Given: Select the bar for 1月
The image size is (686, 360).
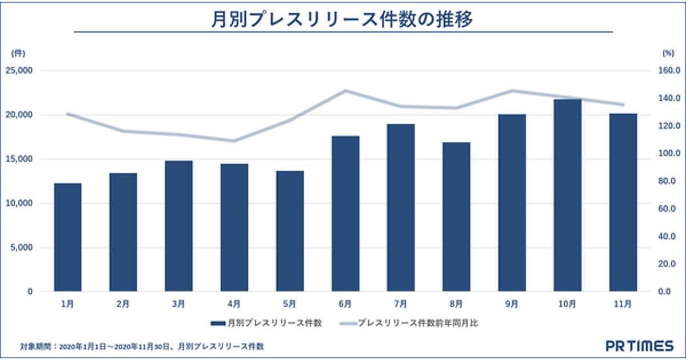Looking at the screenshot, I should coord(67,237).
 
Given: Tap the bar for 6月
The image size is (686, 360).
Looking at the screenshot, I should coord(345,214).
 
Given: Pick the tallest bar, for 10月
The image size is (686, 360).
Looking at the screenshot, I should coord(568,195).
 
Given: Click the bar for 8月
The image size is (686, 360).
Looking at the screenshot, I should coord(456,217).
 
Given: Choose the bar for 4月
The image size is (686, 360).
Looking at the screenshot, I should coord(234,227).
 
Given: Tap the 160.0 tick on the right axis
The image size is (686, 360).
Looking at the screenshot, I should coord(665,71).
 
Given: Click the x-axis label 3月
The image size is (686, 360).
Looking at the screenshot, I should coord(179,303).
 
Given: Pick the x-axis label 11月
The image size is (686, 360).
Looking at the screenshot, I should coord(623,303).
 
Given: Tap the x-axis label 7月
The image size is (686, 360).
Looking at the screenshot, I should coord(401,303).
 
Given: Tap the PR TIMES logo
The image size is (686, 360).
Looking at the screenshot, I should coord(640,346).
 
